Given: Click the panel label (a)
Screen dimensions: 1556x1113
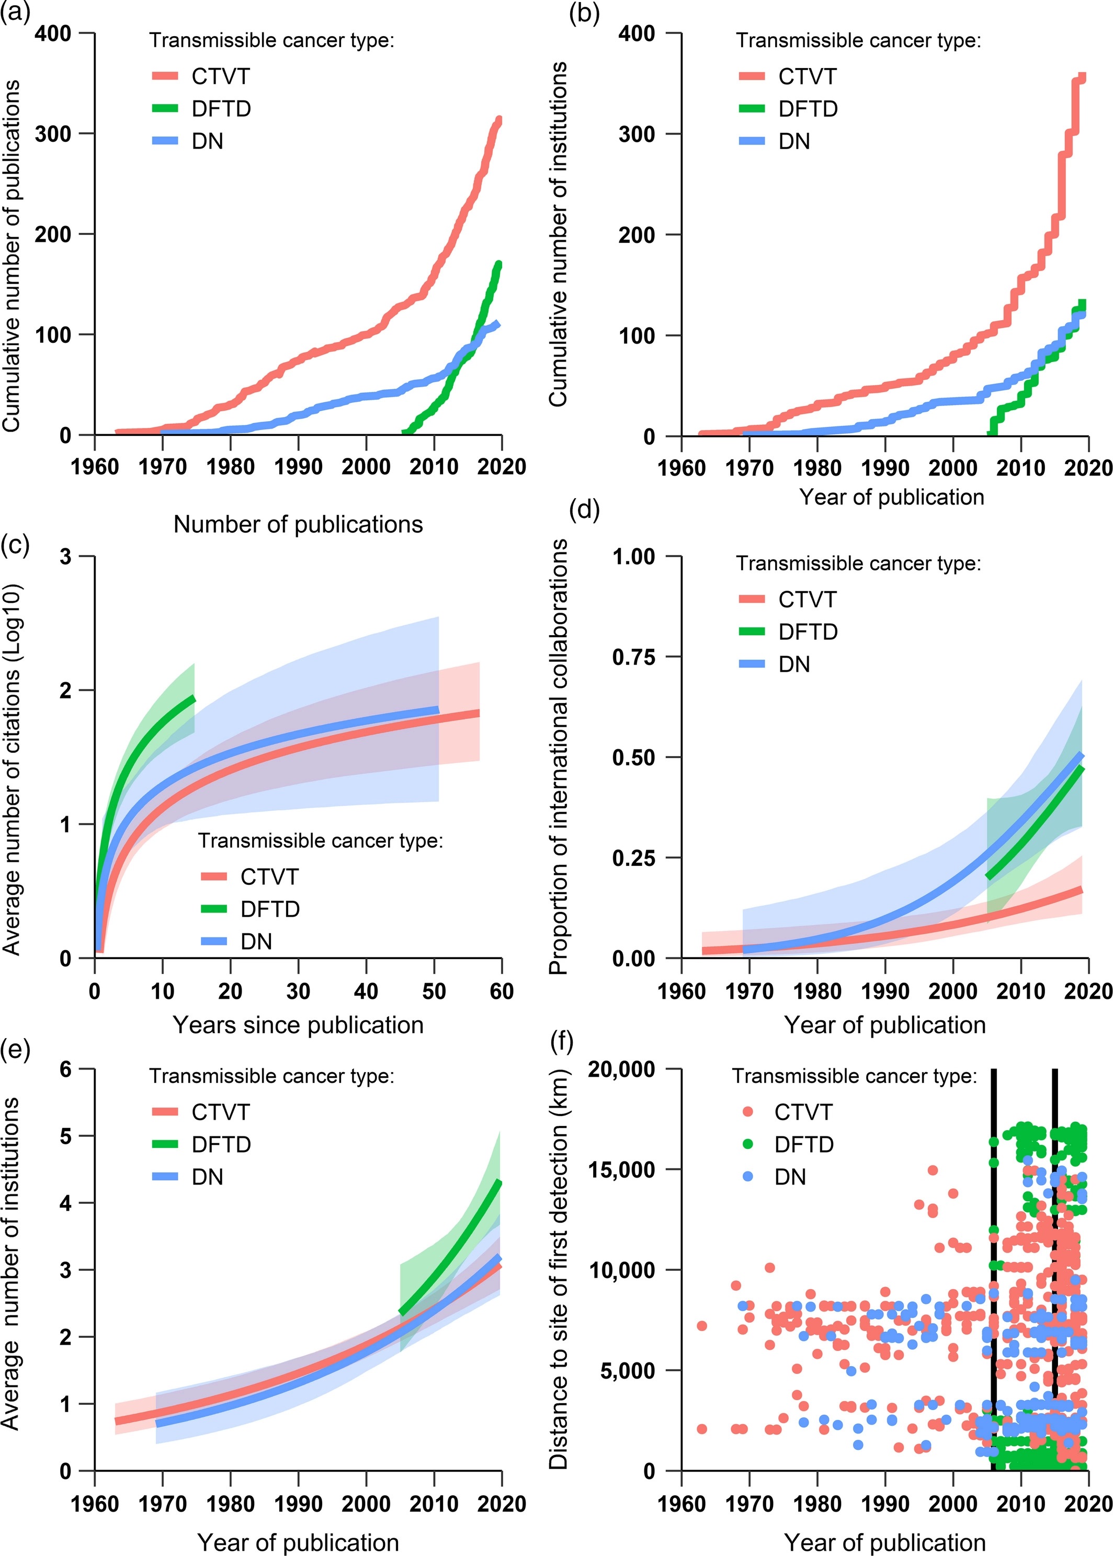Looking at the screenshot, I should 15,13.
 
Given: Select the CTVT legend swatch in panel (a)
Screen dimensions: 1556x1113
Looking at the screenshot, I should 165,76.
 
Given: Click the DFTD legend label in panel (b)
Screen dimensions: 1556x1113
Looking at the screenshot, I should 808,109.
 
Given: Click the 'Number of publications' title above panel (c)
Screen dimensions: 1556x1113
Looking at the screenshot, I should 298,524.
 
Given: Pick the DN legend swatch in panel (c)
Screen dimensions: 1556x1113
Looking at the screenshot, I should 214,941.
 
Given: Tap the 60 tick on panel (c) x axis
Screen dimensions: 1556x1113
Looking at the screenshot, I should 502,991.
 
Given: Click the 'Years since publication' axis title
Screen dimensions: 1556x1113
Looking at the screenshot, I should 298,1025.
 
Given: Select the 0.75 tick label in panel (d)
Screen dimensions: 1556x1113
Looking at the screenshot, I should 634,657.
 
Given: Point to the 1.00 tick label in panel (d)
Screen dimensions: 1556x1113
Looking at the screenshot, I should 634,557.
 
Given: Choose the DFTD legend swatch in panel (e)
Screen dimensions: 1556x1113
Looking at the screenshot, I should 165,1144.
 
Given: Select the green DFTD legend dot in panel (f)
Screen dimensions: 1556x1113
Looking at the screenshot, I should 748,1144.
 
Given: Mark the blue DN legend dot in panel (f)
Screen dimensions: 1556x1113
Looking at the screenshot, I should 748,1176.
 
